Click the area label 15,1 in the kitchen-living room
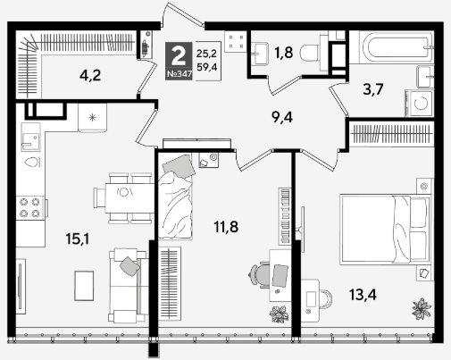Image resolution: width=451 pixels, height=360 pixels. coord(78,239)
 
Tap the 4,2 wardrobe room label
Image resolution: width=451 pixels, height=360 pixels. coord(90,75)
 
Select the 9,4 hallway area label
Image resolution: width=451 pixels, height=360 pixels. coord(282,117)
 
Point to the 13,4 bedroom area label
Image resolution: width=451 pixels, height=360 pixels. coord(363,295)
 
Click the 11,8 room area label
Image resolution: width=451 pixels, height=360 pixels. coord(226,227)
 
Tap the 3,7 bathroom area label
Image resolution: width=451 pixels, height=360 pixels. coord(373,88)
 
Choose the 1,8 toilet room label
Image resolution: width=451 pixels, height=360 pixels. coord(283,52)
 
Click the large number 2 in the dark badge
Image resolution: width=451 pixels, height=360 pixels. coord(179,56)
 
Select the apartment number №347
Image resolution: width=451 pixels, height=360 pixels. coord(179,74)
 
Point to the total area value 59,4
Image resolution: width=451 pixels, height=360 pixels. coord(206,67)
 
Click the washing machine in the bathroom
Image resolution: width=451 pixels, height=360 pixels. coord(420,104)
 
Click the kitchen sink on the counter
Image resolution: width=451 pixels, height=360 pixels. coord(30,137)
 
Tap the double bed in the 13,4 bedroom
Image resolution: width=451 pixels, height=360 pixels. coord(385,230)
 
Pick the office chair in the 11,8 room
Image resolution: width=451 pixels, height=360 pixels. coord(259,275)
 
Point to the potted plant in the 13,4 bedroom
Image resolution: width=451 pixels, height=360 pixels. coord(422,309)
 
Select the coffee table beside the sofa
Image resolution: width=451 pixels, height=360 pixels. coord(84,286)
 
